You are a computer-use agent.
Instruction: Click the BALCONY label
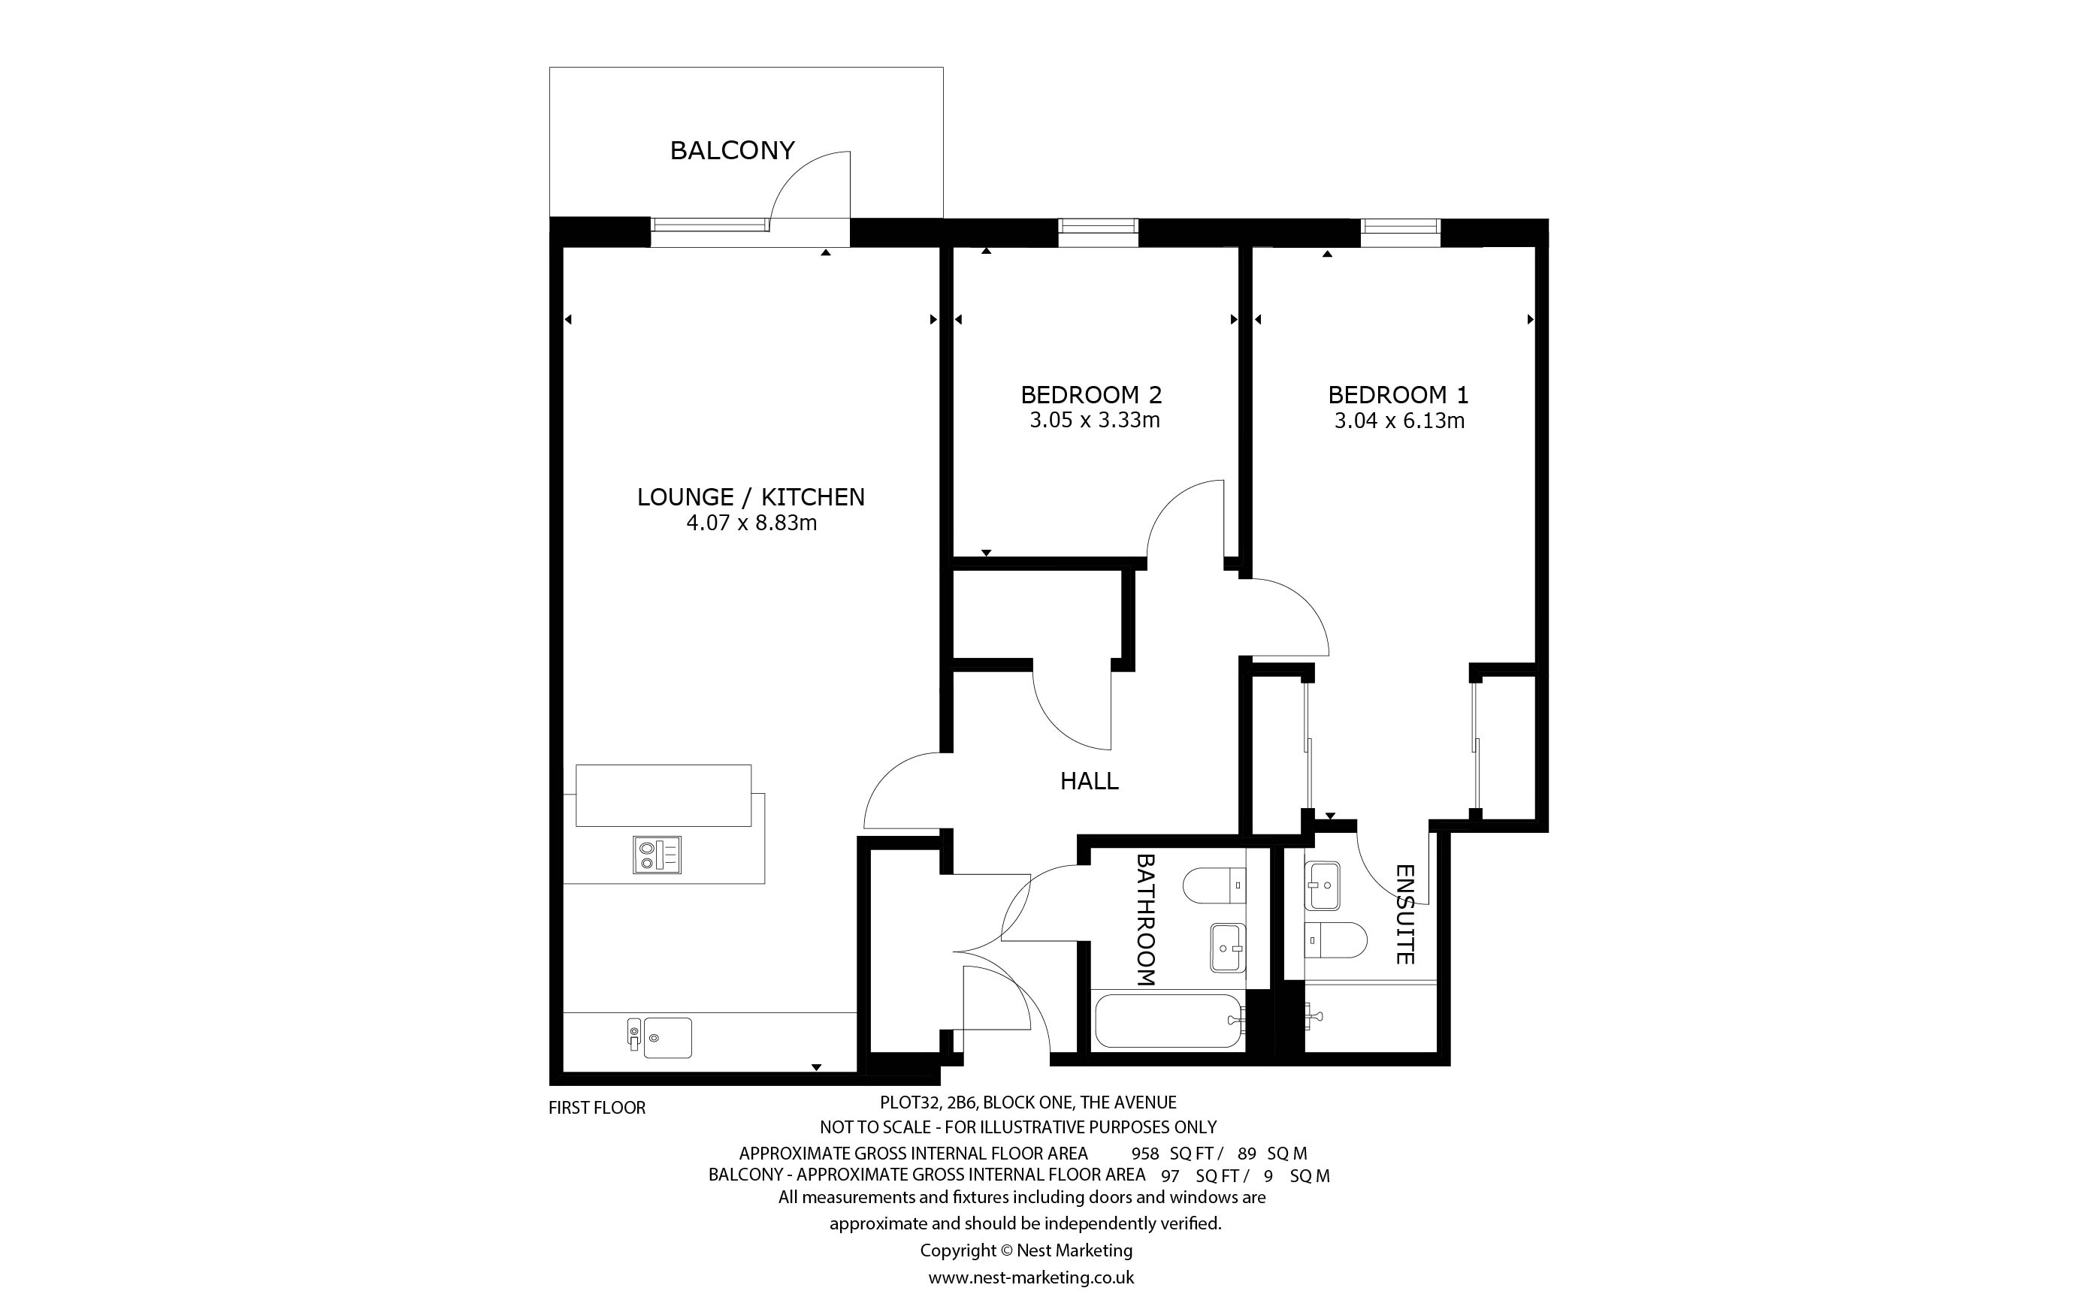click(732, 151)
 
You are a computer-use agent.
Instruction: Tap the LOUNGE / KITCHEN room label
click(751, 497)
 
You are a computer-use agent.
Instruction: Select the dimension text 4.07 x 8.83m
click(751, 523)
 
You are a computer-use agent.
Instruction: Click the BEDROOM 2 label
click(1091, 396)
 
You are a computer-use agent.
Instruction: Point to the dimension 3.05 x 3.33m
click(1095, 421)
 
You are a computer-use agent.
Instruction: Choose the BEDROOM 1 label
click(1398, 396)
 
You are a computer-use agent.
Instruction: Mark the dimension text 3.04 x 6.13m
click(1400, 421)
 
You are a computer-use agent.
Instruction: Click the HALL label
click(1090, 782)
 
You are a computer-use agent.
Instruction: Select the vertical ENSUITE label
click(1405, 914)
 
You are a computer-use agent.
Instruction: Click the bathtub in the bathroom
click(1168, 1021)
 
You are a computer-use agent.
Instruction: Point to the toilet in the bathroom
click(1214, 885)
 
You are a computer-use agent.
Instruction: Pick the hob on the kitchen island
click(657, 855)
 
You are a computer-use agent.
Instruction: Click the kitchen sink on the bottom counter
click(661, 1038)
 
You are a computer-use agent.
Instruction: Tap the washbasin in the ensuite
click(1323, 886)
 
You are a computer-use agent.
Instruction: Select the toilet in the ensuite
click(1335, 940)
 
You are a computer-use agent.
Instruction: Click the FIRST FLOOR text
click(597, 1108)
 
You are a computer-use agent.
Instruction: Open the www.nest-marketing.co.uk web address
click(1031, 1277)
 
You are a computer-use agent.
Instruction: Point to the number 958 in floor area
click(1146, 1154)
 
